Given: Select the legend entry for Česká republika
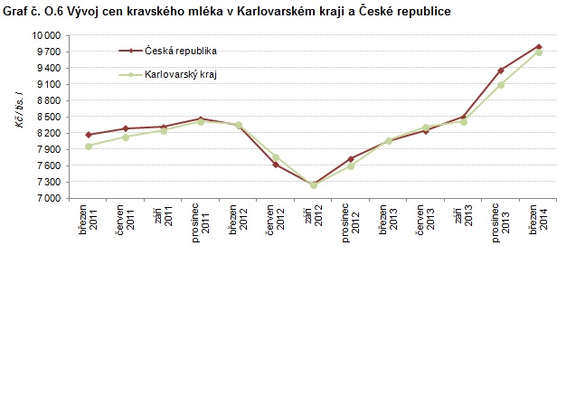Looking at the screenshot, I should (x=180, y=51).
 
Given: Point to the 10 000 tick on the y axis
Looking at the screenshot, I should (x=47, y=34).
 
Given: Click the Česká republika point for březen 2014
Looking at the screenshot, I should (x=539, y=46).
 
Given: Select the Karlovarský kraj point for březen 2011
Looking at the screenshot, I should (x=89, y=146).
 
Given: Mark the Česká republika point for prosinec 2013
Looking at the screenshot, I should (x=501, y=70).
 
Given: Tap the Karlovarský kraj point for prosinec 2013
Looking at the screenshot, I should (x=501, y=85).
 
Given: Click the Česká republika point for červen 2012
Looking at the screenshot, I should (x=276, y=165).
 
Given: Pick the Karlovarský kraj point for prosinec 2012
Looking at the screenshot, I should (x=351, y=166).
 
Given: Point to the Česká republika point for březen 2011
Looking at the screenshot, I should (x=89, y=135).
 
